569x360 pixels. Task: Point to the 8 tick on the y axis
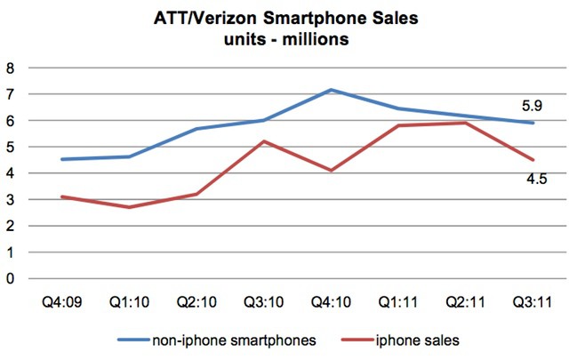point(10,68)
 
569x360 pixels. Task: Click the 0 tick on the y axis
point(10,278)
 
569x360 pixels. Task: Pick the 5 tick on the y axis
point(10,147)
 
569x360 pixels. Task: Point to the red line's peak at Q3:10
point(263,141)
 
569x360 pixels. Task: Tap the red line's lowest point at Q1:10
point(130,207)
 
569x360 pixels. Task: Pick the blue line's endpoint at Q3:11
point(532,123)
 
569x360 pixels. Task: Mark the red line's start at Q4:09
point(61,196)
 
